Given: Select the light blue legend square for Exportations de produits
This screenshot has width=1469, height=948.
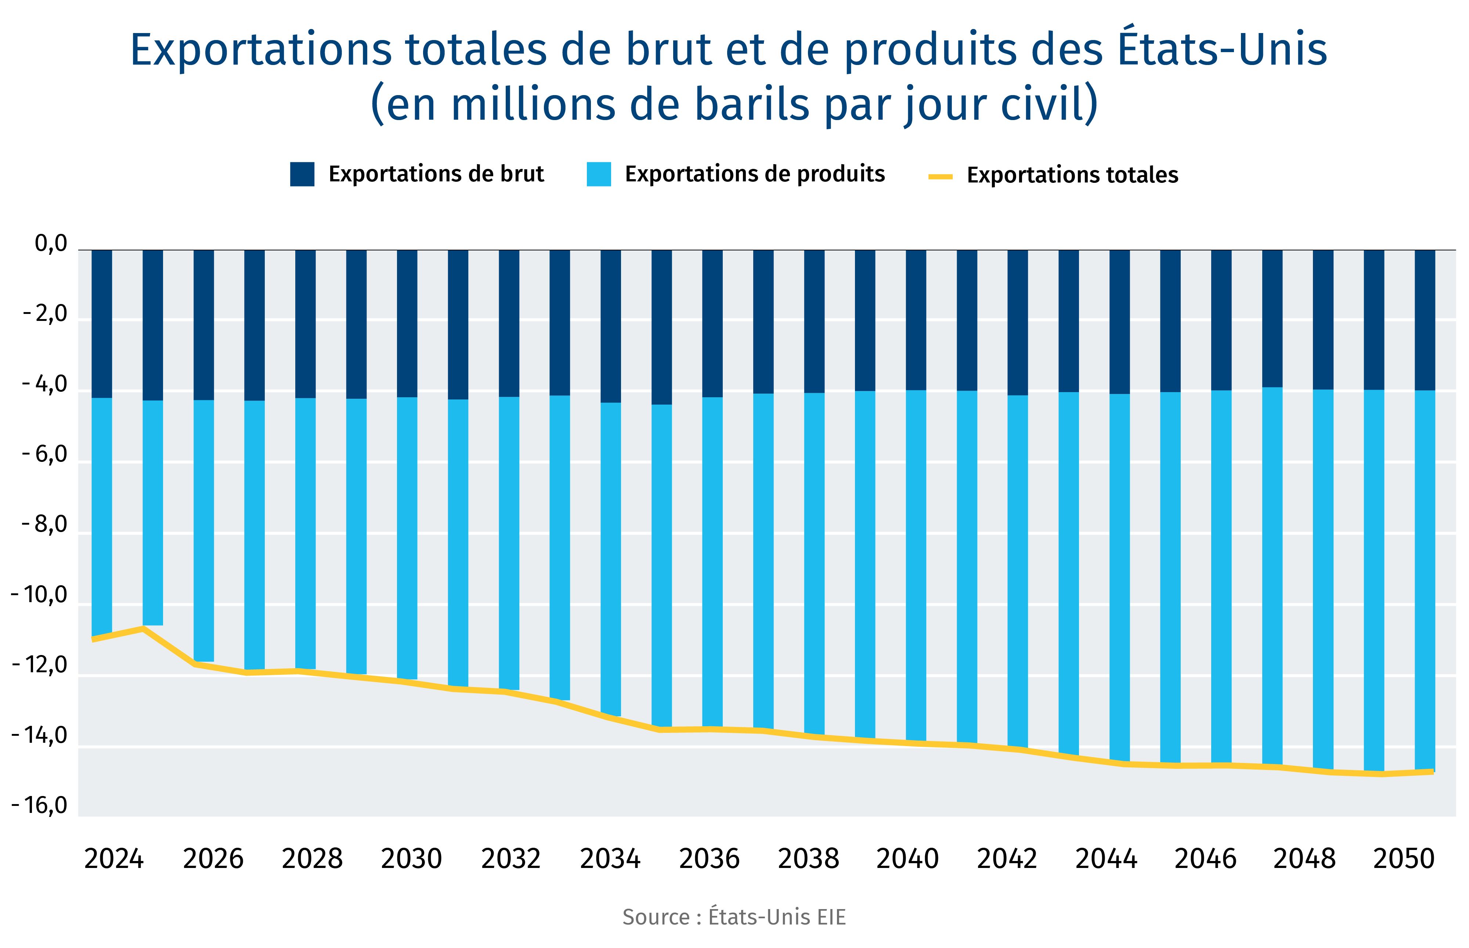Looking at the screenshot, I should (x=599, y=174).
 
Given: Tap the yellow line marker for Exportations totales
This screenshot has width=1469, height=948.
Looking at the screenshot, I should (x=940, y=177).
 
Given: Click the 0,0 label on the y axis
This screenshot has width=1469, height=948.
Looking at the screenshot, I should (x=50, y=245).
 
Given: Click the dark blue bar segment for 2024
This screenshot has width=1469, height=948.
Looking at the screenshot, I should (x=102, y=323).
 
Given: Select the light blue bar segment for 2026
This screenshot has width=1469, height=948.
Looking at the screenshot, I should (x=204, y=529).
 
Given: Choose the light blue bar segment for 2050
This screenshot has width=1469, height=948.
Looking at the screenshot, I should (x=1425, y=579).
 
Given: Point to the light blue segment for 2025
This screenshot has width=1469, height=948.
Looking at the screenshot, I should (x=153, y=511).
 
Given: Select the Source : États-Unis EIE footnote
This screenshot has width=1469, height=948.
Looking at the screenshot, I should (x=734, y=917).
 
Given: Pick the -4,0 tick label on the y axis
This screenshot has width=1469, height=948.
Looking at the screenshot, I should (x=44, y=385).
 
